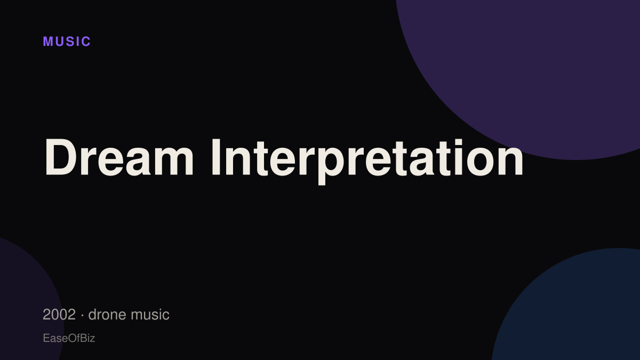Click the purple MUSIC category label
click(x=67, y=42)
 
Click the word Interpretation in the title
click(x=367, y=162)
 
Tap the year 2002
click(x=59, y=315)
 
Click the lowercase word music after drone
click(x=150, y=315)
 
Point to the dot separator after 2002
click(x=82, y=315)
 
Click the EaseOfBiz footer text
click(x=69, y=338)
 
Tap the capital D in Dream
click(x=59, y=157)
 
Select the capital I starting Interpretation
click(x=215, y=157)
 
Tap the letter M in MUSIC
click(x=48, y=42)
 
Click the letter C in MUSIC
click(x=86, y=42)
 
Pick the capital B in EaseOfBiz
click(x=83, y=338)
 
